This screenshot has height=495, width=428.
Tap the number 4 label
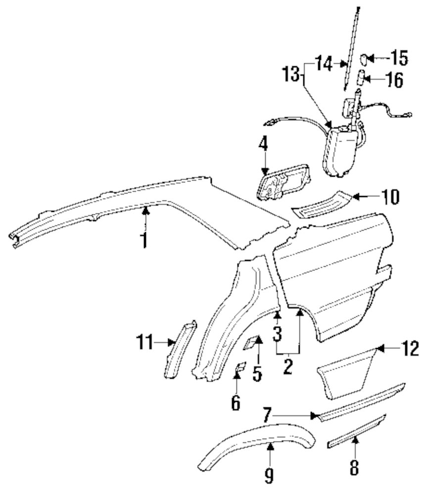coord(263,144)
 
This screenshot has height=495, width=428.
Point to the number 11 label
coord(145,342)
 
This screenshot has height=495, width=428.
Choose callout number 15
coord(399,58)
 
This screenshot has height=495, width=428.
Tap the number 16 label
coord(394,79)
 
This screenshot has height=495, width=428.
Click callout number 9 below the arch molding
coord(269,476)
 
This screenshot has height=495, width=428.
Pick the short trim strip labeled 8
coord(356,428)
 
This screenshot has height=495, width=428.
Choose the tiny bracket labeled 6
coord(240,367)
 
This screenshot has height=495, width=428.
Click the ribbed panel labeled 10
coord(322,204)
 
